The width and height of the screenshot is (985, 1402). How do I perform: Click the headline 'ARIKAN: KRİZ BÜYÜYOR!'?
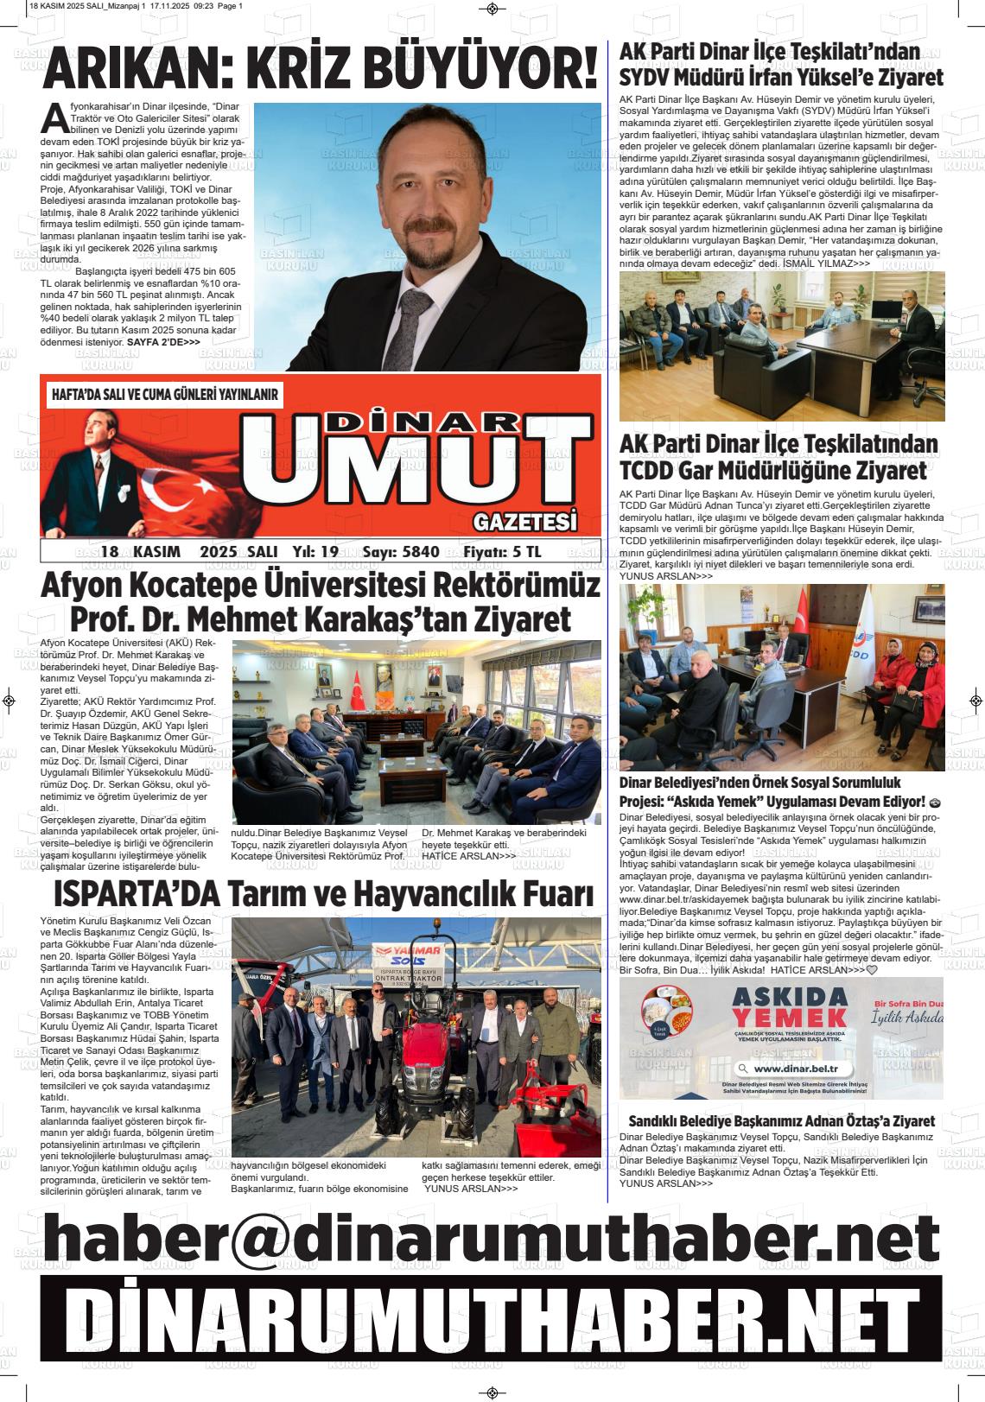click(x=320, y=69)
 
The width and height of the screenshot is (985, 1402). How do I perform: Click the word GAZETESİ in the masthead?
click(x=524, y=522)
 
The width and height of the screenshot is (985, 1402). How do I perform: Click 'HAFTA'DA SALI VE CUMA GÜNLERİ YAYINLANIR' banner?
click(x=165, y=395)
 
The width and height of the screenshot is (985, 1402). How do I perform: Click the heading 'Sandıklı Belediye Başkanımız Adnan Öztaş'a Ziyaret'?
click(x=781, y=1120)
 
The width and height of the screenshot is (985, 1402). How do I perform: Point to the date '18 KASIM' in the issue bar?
click(x=140, y=551)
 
